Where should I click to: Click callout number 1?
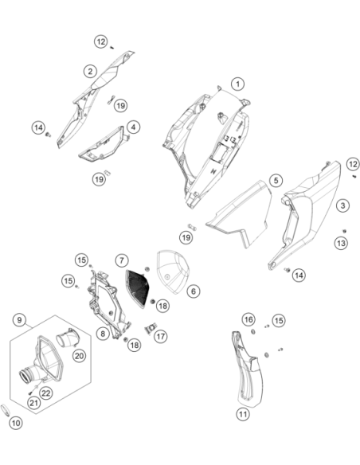(x=238, y=84)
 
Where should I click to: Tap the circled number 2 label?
(x=90, y=71)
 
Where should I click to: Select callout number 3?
(x=343, y=205)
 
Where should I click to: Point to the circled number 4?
(x=134, y=127)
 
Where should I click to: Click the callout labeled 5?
(x=276, y=180)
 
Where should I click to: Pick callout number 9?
(x=20, y=320)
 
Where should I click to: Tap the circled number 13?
(x=341, y=243)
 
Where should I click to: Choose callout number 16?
(x=248, y=319)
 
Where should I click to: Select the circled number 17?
(x=160, y=337)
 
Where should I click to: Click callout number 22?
(x=46, y=393)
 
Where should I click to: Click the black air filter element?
(x=137, y=288)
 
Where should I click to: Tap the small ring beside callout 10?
(x=6, y=410)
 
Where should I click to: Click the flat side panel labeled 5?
(x=241, y=214)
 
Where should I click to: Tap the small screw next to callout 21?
(x=30, y=393)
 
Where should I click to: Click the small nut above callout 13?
(x=344, y=231)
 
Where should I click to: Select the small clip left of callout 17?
(x=151, y=328)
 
